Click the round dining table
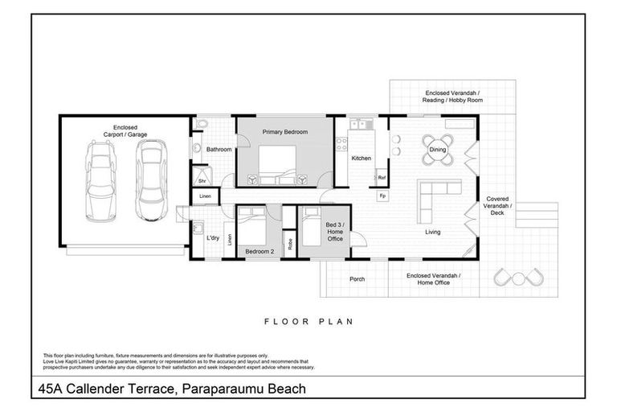pos(438,150)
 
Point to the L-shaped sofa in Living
pos(439,200)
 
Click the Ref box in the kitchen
pos(382,177)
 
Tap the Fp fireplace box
pos(382,196)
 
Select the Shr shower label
pos(202,181)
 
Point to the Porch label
pos(358,279)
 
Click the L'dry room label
pos(213,239)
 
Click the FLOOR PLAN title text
pos(309,321)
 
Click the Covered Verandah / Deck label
pos(500,206)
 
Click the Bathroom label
pos(219,150)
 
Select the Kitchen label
pos(361,159)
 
